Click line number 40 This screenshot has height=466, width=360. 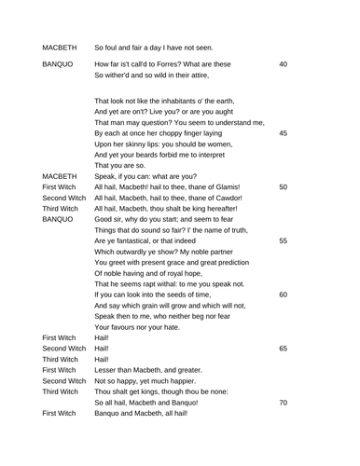pyautogui.click(x=283, y=64)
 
